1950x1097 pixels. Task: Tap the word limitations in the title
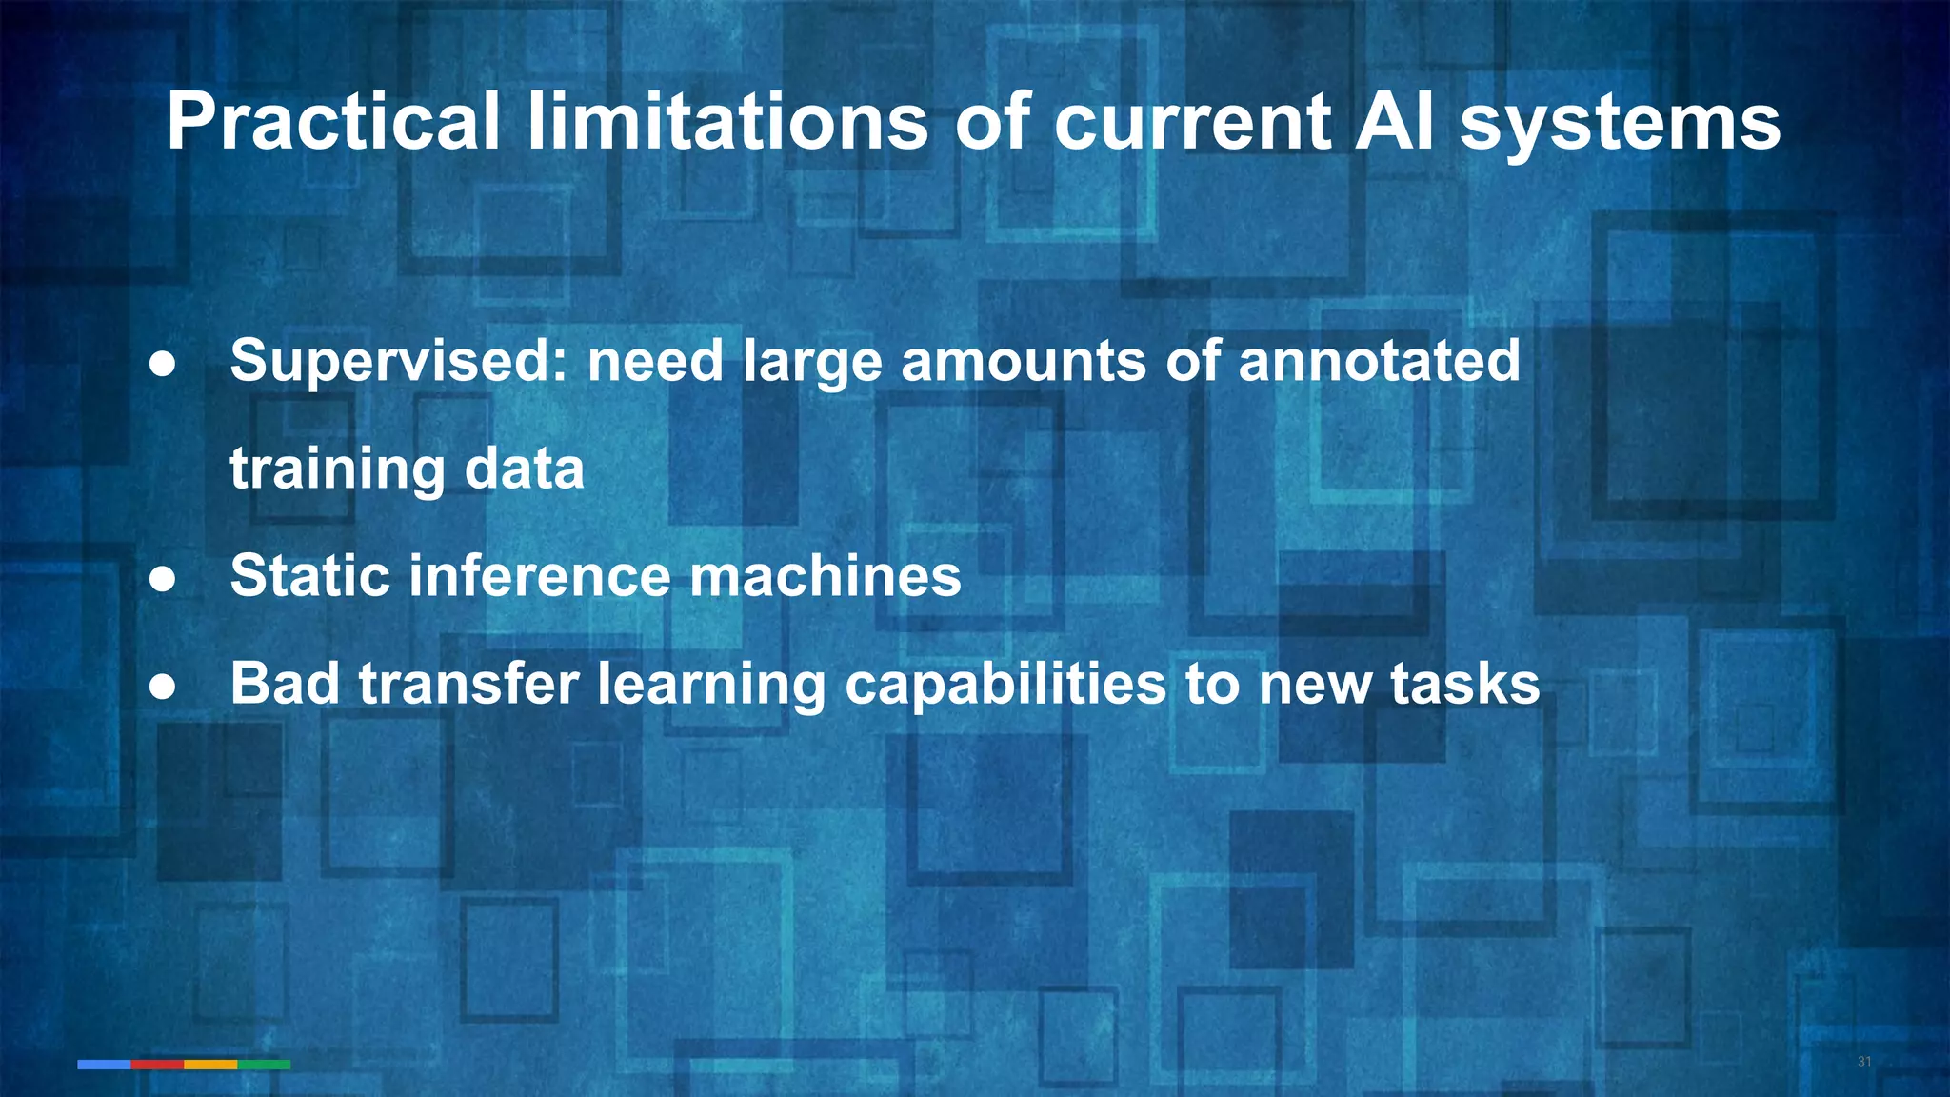point(727,122)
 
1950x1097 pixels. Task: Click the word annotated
point(1379,361)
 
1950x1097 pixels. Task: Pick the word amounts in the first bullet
point(1024,361)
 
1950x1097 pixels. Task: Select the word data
point(525,469)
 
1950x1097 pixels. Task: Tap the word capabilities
point(1005,686)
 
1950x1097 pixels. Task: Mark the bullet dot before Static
point(163,579)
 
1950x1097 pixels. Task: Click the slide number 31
point(1864,1062)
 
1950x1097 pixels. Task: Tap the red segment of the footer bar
point(157,1065)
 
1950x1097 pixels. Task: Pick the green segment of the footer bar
point(264,1065)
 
